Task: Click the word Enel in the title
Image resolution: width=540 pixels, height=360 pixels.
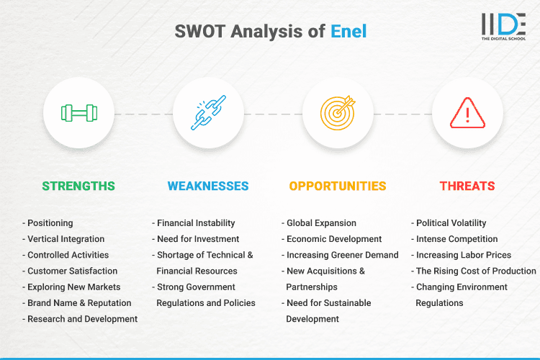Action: [349, 32]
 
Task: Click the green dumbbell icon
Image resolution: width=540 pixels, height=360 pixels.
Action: [78, 113]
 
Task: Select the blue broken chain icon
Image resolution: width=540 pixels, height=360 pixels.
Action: [208, 113]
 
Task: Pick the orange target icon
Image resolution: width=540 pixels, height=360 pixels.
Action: [338, 113]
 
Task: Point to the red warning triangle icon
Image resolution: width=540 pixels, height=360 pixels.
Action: [467, 113]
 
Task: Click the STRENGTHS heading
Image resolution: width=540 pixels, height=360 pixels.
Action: [78, 186]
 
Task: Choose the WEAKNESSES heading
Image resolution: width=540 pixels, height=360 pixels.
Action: [208, 186]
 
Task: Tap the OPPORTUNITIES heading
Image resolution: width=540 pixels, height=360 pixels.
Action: [338, 186]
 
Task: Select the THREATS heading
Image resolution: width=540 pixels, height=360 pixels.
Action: [467, 186]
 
